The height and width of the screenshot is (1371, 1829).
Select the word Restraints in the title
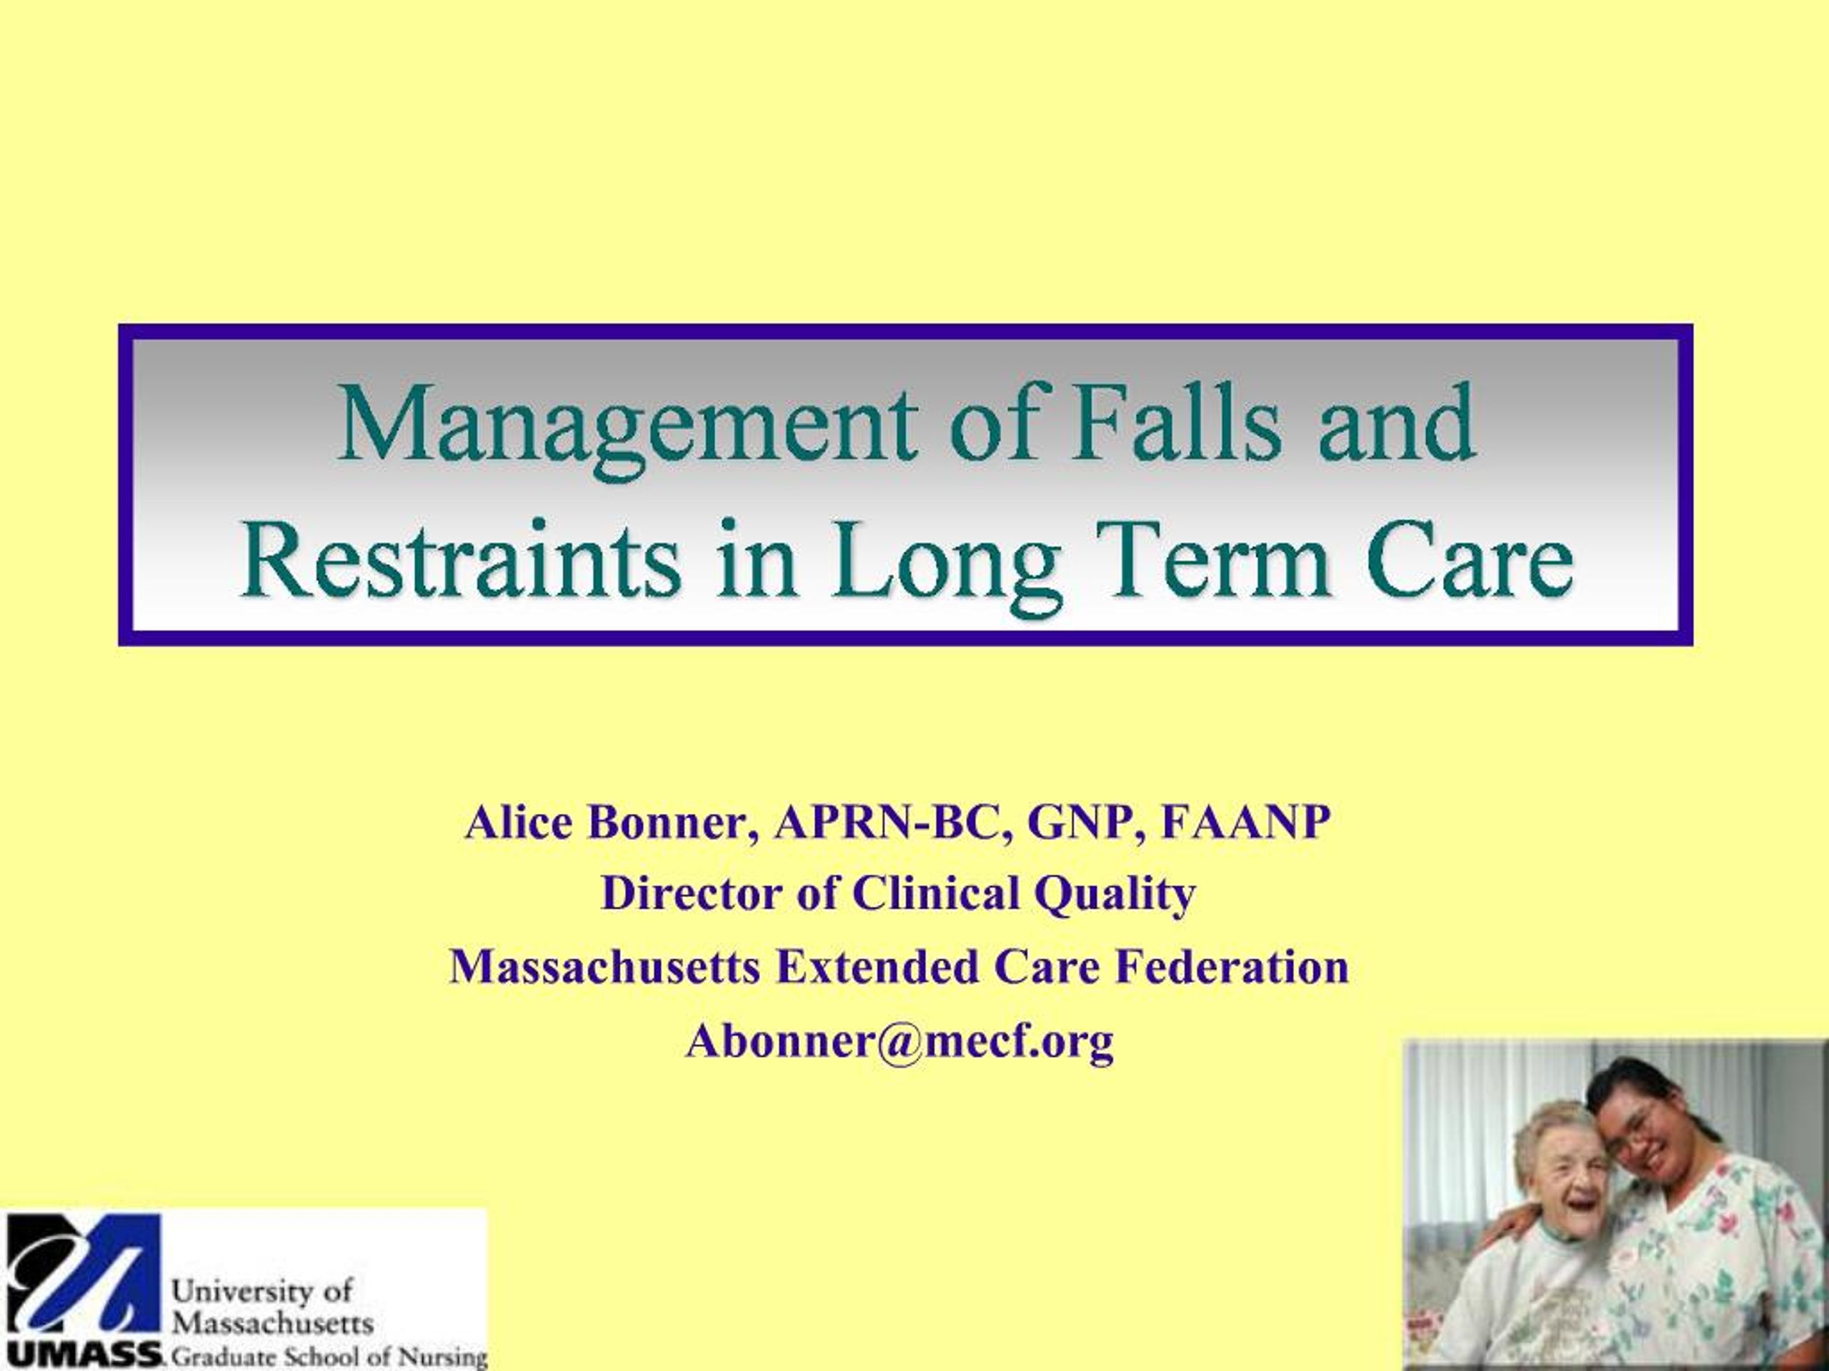pyautogui.click(x=458, y=561)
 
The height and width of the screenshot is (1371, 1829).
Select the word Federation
pyautogui.click(x=1232, y=966)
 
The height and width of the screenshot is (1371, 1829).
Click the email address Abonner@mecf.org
pyautogui.click(x=899, y=1040)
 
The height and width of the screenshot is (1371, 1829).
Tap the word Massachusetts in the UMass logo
pyautogui.click(x=272, y=1323)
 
